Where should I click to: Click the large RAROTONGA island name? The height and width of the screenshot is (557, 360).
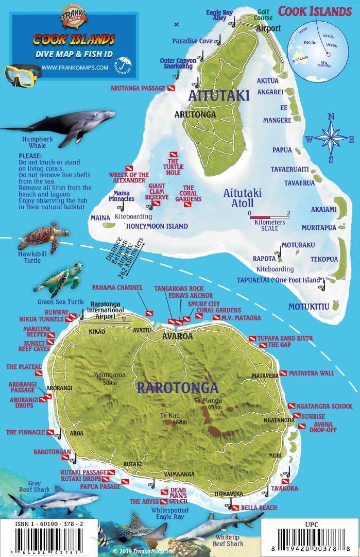tap(177, 387)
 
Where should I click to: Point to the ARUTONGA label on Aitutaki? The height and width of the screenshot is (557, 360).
tap(195, 114)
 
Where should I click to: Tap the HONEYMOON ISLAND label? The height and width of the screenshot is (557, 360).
tap(157, 226)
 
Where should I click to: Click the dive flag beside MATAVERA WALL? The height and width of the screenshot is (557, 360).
tap(283, 373)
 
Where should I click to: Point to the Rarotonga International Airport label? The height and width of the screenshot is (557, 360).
tap(107, 310)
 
